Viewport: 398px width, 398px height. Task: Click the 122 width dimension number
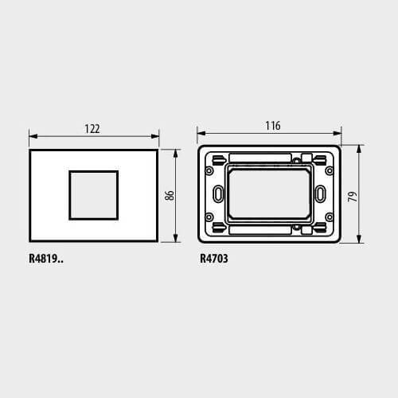pos(92,129)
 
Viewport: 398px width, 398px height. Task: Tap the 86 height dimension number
pos(170,195)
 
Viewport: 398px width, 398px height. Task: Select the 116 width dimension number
pos(273,126)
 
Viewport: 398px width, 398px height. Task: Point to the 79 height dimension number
pos(353,197)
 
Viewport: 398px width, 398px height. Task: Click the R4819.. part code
pos(46,259)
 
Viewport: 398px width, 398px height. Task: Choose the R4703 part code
pos(213,259)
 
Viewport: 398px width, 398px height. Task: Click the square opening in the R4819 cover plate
pos(94,195)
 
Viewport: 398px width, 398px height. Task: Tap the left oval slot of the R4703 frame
pos(218,193)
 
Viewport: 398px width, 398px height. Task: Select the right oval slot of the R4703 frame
pos(320,193)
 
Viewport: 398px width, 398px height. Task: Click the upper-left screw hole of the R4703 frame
pos(209,170)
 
